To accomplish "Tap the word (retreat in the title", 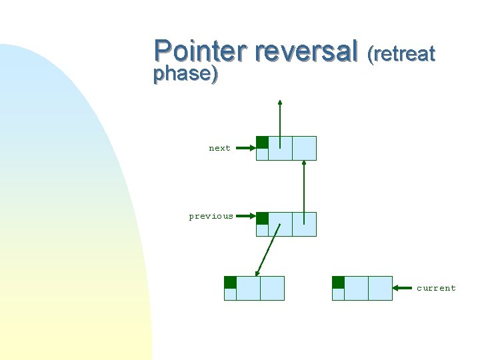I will [401, 53].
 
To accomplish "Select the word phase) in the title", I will [185, 73].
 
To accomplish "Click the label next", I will [219, 148].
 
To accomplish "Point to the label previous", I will [211, 216].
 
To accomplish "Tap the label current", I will [436, 288].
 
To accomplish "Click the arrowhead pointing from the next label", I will [252, 148].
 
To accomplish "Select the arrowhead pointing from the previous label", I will [252, 216].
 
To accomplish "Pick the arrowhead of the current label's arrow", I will [397, 288].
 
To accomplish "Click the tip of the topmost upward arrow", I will [280, 103].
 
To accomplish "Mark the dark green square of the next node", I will [263, 142].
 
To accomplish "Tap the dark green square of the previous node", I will [263, 218].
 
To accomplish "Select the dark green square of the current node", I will [338, 282].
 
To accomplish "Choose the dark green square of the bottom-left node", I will [230, 282].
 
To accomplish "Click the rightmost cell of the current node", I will [380, 288].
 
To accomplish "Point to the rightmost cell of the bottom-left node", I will [272, 288].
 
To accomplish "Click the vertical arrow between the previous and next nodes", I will [304, 190].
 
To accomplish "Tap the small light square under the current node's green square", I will [338, 294].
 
